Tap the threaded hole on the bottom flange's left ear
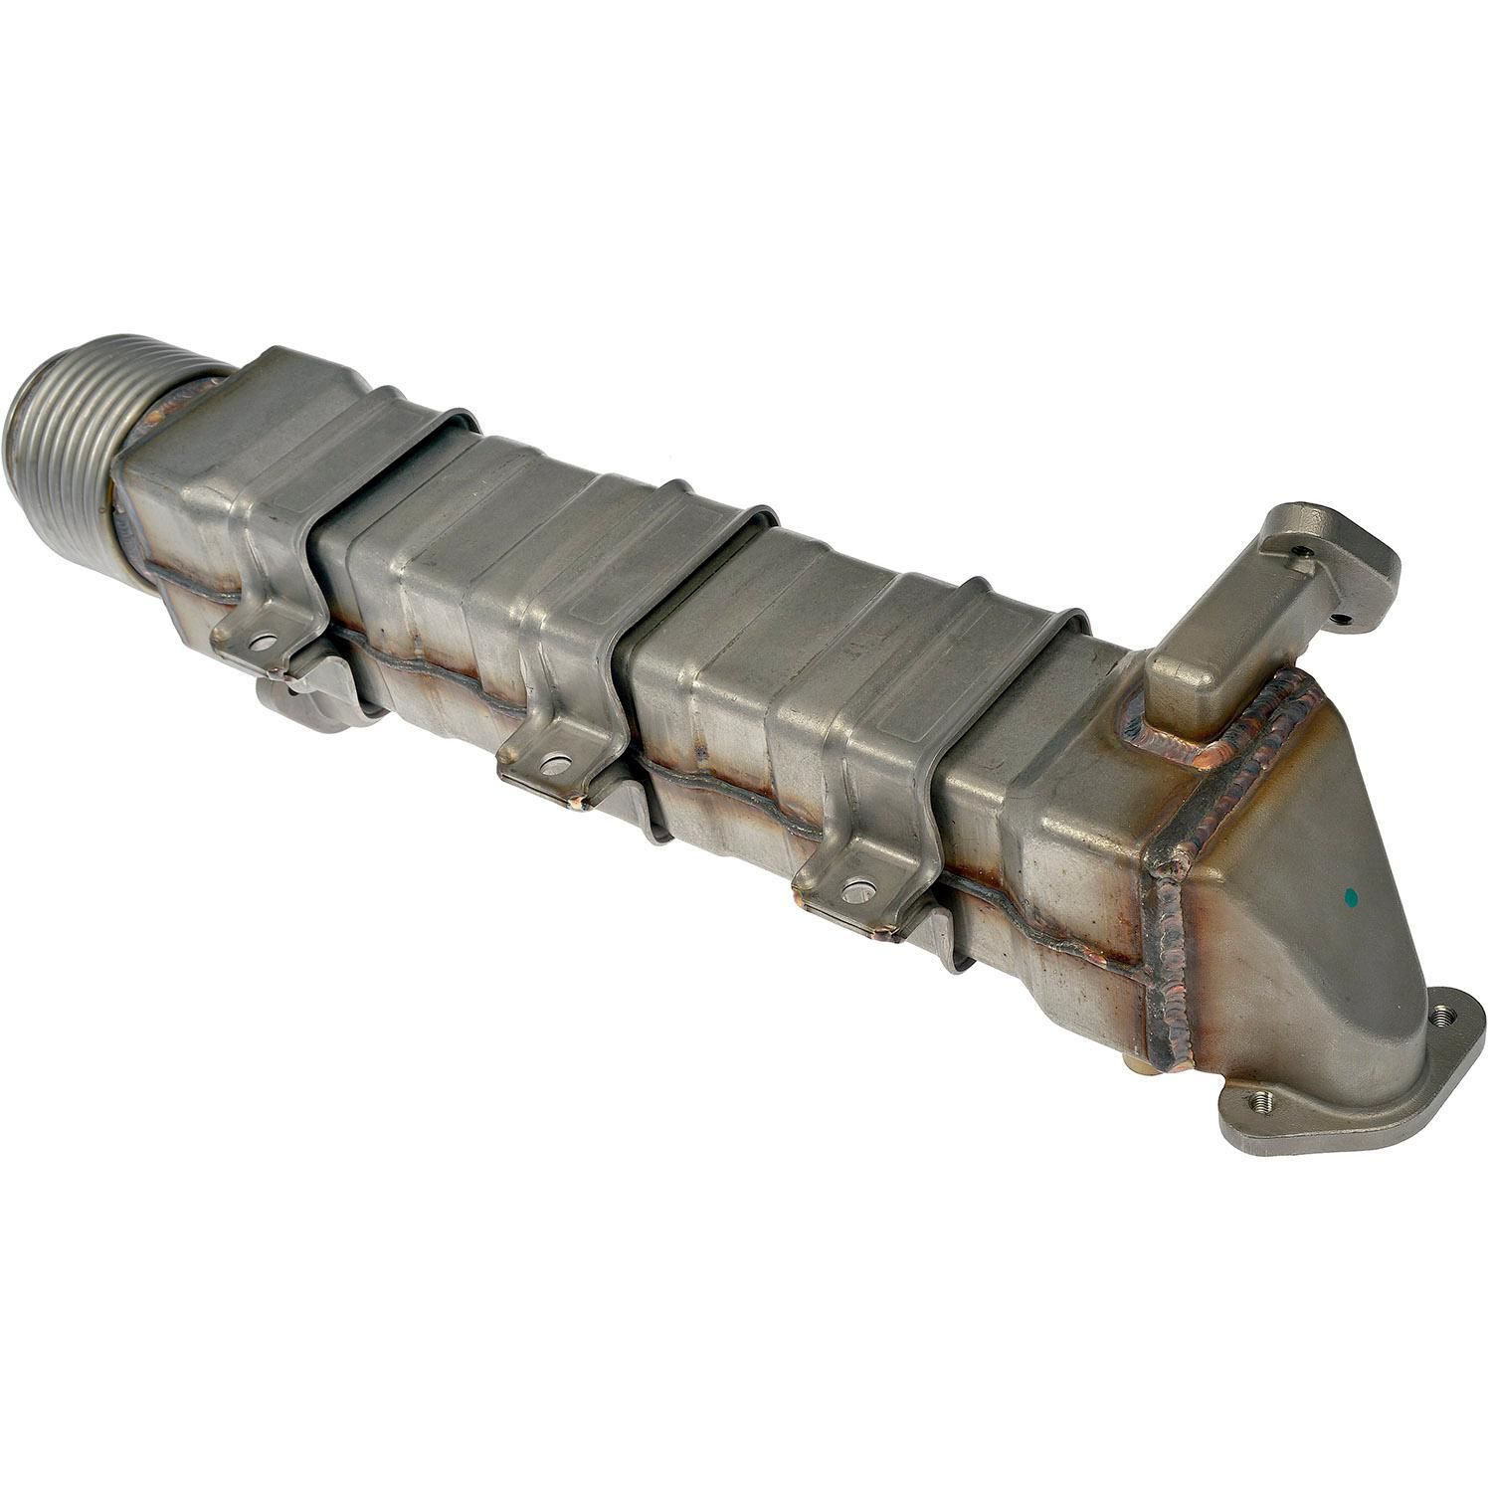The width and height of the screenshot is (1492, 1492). click(1263, 1101)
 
